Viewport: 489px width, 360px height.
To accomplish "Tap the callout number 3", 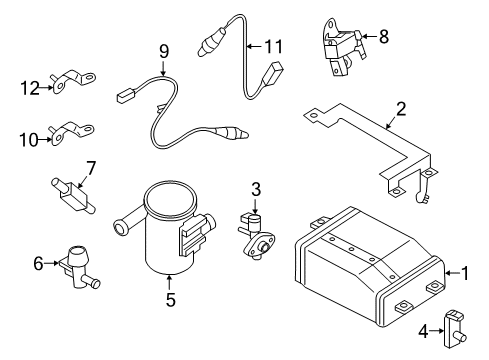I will (x=256, y=188).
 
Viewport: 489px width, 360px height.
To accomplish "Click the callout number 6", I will (x=38, y=263).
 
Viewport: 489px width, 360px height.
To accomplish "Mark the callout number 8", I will (x=384, y=37).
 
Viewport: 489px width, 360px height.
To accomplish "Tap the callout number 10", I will (x=27, y=139).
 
